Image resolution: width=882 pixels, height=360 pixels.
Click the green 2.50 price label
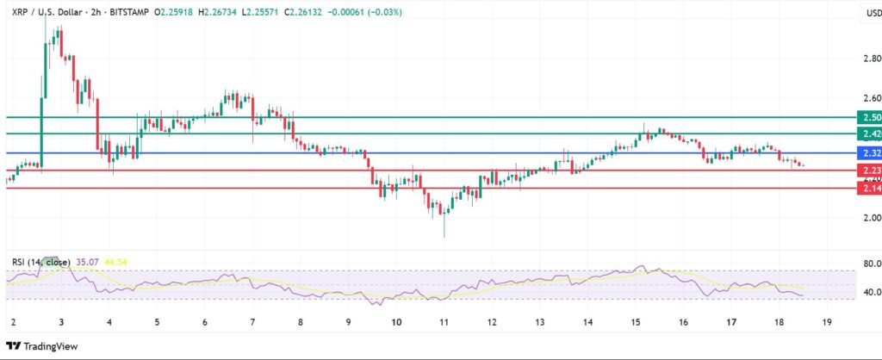point(868,117)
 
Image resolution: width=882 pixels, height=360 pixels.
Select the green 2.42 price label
point(868,133)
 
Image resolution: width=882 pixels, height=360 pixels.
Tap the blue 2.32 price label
point(868,152)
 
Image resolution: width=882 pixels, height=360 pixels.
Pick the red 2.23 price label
point(868,171)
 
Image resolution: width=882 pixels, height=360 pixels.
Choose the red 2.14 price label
point(868,188)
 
